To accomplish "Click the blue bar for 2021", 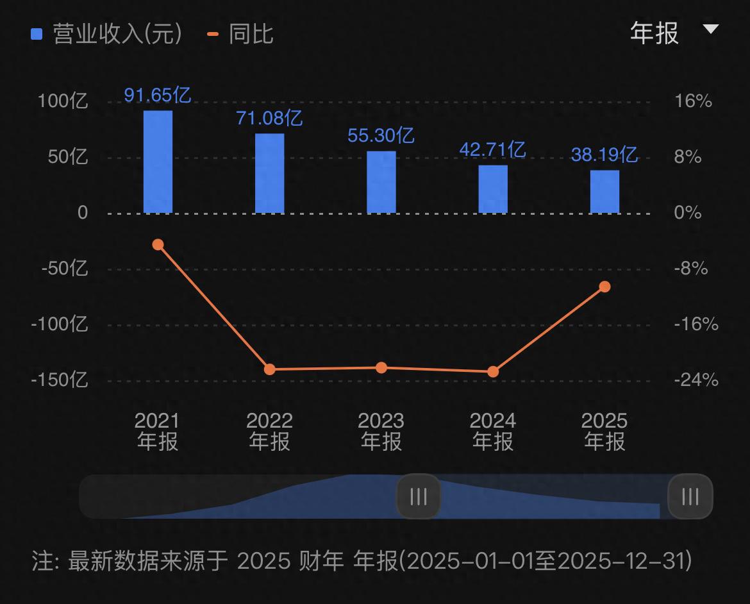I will [x=158, y=162].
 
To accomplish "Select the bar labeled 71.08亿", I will [x=269, y=173].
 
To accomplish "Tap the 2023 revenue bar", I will [x=381, y=182].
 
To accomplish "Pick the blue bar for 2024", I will [x=493, y=189].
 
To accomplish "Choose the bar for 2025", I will [x=604, y=192].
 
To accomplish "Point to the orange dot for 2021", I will [x=158, y=244].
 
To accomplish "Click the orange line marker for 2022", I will [x=270, y=369].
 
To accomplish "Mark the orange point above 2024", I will [x=493, y=371].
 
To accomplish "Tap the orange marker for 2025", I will [x=604, y=287].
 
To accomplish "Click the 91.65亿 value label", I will [x=158, y=96].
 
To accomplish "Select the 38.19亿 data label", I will [x=604, y=155].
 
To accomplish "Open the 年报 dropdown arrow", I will [x=711, y=29].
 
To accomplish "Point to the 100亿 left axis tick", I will [x=63, y=101].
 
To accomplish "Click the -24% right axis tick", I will [x=696, y=380].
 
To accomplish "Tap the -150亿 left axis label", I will [x=59, y=380].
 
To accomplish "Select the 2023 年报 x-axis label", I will [x=381, y=432].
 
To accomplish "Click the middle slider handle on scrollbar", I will [x=419, y=496].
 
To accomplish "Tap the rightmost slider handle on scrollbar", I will [x=690, y=496].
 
